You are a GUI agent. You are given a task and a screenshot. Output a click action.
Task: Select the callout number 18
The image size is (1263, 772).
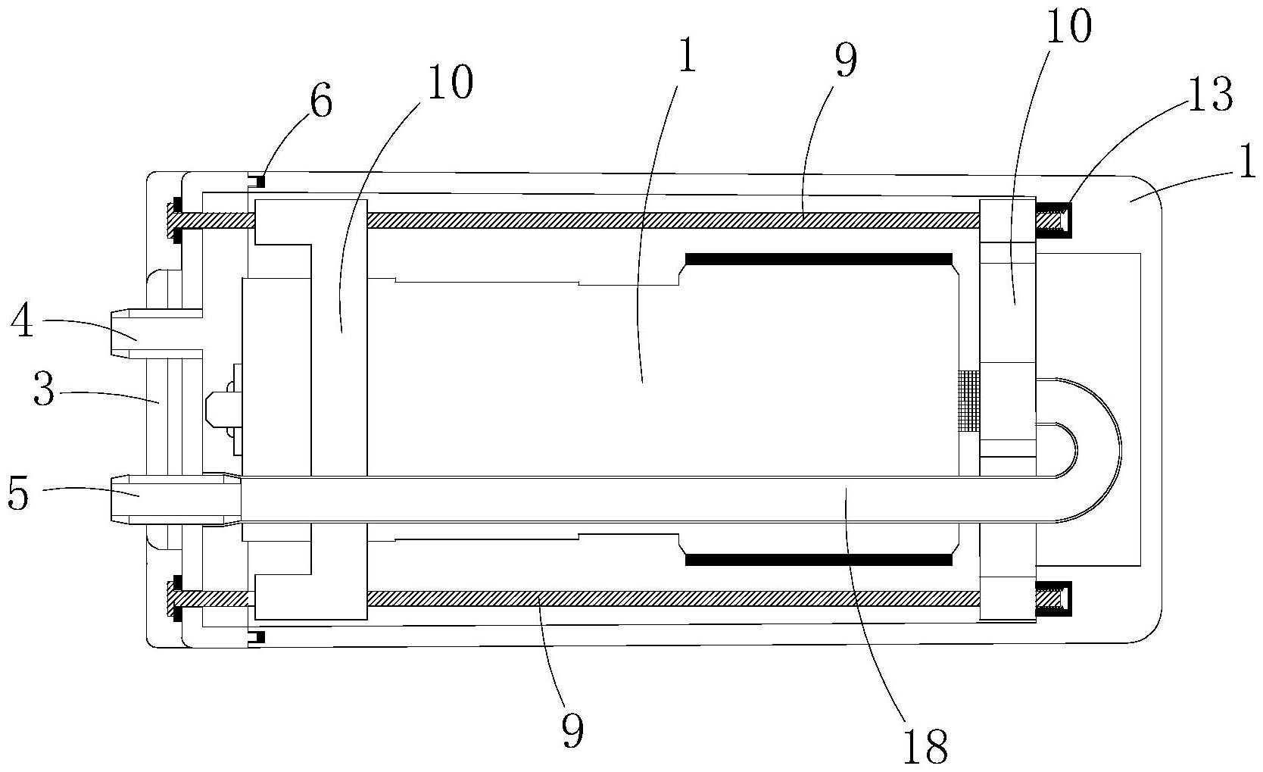point(925,746)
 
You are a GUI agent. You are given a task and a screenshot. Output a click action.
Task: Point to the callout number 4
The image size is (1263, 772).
point(23,320)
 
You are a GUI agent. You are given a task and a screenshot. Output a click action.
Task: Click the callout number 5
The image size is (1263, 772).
point(18,494)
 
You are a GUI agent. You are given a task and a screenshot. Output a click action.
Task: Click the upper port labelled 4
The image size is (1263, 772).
point(156,334)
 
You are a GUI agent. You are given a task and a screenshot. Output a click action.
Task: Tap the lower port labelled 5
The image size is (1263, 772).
point(175,500)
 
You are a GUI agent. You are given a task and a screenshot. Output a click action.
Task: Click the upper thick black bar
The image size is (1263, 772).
point(818,259)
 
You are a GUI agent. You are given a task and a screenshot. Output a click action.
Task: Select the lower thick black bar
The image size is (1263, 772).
point(818,559)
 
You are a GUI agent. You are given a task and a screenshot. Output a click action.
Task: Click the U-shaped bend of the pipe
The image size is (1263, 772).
point(1099,450)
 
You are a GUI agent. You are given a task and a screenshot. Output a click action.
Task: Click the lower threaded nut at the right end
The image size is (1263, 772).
point(1053,599)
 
